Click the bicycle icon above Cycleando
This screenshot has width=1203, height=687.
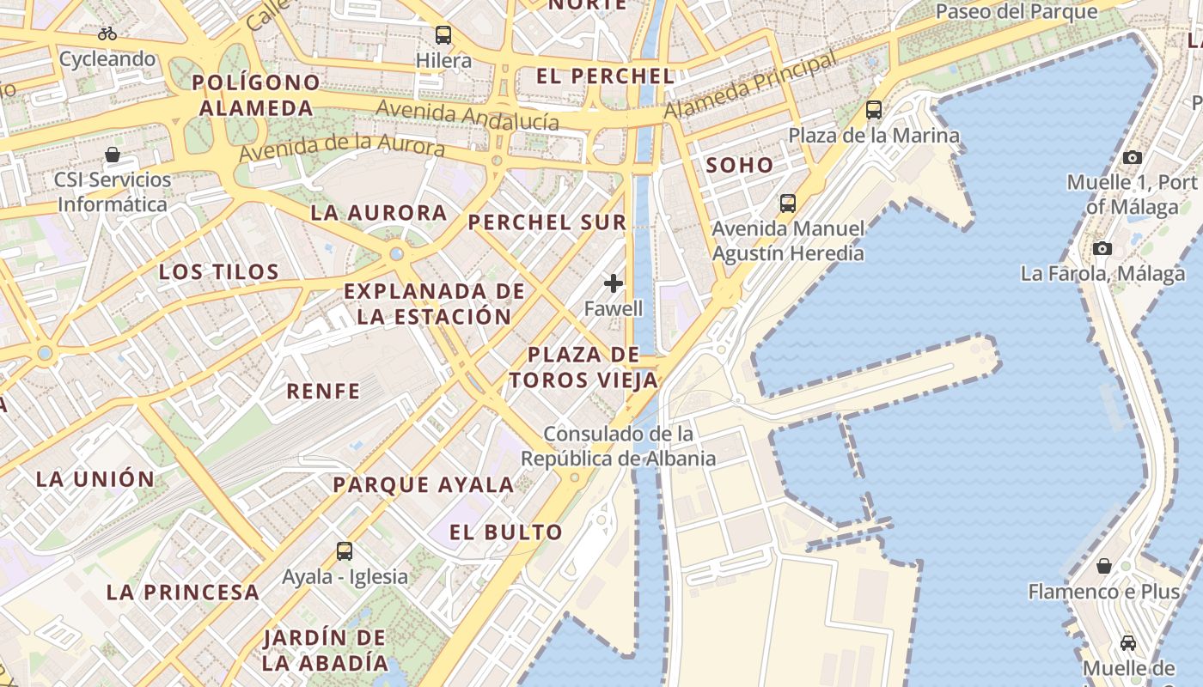(x=107, y=34)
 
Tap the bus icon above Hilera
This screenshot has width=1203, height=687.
(x=443, y=35)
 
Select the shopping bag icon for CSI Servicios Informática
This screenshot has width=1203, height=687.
(x=113, y=155)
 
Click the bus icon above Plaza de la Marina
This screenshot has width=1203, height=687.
(x=874, y=110)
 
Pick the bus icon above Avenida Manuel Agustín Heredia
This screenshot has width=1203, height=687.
(x=788, y=204)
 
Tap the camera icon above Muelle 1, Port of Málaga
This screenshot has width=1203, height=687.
(x=1133, y=157)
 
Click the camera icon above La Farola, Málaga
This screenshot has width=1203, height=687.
(x=1102, y=249)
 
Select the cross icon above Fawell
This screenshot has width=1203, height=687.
(x=614, y=283)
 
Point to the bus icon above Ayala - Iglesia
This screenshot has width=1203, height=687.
(x=345, y=551)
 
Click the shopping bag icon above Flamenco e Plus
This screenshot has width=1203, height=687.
(x=1104, y=566)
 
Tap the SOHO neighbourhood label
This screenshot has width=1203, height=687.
(x=740, y=165)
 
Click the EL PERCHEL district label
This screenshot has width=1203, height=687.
(x=606, y=76)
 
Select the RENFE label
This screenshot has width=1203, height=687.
(x=323, y=391)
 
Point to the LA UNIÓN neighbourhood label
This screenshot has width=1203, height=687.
(x=95, y=479)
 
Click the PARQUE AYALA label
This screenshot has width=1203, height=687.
(x=424, y=484)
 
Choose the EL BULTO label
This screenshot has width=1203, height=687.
(x=506, y=532)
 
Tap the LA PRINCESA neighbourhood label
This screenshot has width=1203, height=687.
(x=183, y=592)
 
